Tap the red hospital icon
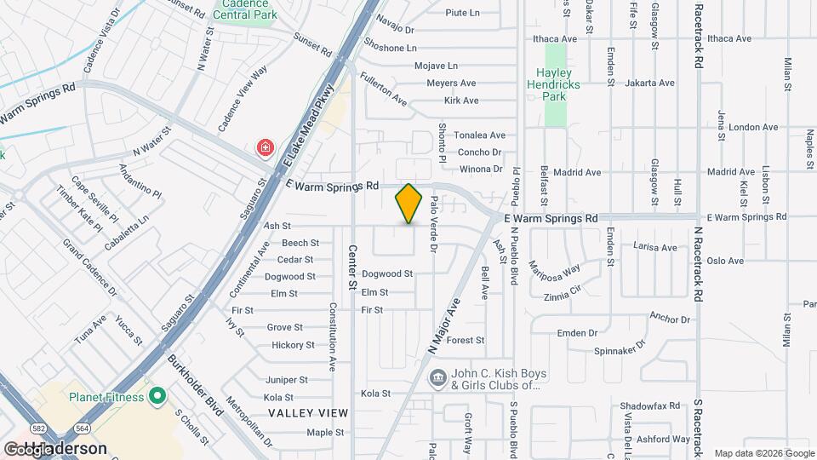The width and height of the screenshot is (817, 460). click(x=266, y=149)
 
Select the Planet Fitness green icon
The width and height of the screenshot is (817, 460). click(x=157, y=396)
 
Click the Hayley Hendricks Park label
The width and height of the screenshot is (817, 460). click(x=558, y=84)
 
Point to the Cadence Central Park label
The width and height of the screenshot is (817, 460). click(x=245, y=9)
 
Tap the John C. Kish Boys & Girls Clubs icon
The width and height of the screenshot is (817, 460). click(x=437, y=377)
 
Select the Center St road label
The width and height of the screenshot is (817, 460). click(x=351, y=265)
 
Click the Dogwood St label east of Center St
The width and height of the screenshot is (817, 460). click(x=387, y=274)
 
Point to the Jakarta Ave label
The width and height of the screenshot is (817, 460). click(x=649, y=83)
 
